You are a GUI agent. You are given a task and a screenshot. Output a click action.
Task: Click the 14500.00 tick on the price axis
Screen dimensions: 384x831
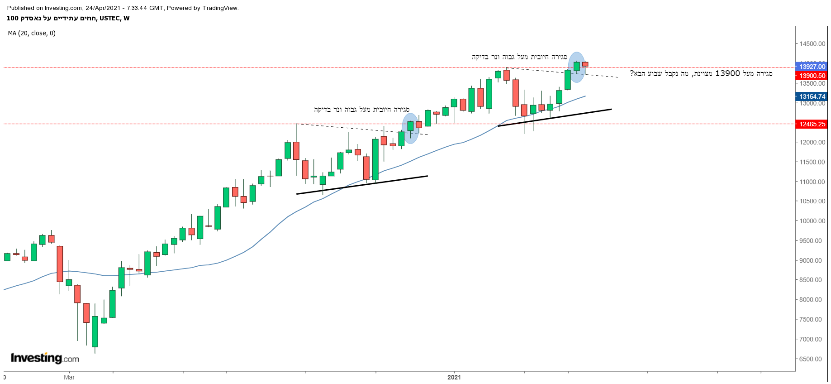[812, 44]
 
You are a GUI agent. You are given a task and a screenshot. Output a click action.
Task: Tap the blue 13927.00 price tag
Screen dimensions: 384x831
[812, 67]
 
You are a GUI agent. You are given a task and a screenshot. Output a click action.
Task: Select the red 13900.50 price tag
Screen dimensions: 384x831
[812, 76]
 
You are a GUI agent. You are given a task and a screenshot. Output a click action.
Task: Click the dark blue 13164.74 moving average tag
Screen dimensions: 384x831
[812, 96]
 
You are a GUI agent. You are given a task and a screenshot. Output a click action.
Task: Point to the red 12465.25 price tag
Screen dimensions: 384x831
[812, 124]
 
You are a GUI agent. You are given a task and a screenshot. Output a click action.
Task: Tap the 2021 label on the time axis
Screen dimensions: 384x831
[454, 377]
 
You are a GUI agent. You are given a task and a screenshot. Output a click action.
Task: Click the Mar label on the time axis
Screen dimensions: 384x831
[69, 377]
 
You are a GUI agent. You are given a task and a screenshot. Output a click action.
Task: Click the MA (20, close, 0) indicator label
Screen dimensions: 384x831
[32, 33]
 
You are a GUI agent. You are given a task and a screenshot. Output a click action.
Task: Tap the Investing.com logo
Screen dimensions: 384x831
[45, 358]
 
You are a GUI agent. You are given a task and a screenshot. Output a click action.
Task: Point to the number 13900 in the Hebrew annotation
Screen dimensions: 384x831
[727, 73]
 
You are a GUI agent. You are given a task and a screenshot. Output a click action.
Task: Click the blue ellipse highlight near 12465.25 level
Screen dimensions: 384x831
[410, 128]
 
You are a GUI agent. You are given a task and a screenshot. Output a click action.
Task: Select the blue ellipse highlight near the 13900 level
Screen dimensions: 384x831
[576, 67]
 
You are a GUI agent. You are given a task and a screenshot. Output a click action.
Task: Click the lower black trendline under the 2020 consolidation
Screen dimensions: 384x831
[362, 185]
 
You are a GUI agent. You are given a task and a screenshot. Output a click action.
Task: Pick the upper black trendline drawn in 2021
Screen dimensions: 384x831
[555, 117]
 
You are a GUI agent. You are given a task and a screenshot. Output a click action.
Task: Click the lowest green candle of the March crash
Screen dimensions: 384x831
[95, 331]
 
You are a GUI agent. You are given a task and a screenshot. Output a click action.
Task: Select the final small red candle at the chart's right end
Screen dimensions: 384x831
[585, 64]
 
